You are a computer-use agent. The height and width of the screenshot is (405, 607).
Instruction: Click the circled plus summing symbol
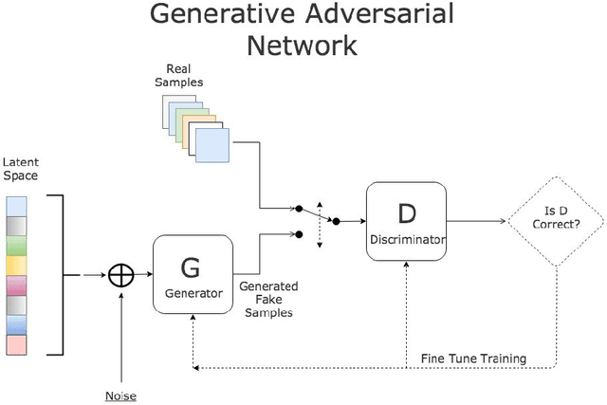(x=120, y=275)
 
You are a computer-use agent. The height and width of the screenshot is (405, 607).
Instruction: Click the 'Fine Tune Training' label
(x=472, y=359)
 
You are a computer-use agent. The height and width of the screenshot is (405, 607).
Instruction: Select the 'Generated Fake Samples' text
(x=267, y=299)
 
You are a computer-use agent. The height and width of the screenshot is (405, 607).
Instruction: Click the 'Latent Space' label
(x=20, y=170)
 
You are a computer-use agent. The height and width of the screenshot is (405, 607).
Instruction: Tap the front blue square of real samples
(x=212, y=145)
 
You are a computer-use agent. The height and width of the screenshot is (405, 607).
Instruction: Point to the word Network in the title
(x=302, y=45)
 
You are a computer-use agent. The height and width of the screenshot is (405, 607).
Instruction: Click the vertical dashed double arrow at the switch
(x=320, y=224)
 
